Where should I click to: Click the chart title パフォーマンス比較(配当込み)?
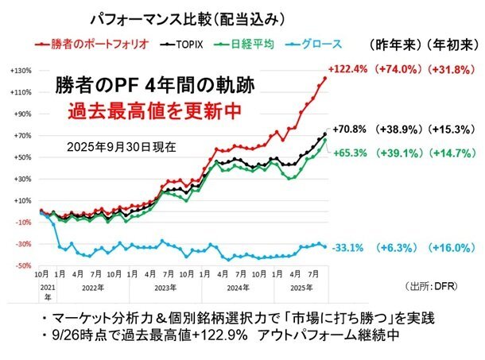click(188, 16)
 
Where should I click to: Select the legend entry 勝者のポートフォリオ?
click(87, 45)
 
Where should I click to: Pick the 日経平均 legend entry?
click(242, 45)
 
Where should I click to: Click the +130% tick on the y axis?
click(21, 71)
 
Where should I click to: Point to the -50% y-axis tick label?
click(21, 265)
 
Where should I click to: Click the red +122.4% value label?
click(347, 69)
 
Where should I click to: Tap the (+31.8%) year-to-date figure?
click(452, 69)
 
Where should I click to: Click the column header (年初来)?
click(449, 45)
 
